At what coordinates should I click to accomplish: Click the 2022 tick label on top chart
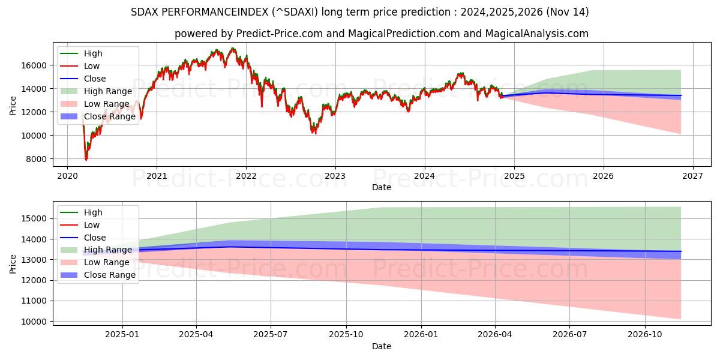point(246,176)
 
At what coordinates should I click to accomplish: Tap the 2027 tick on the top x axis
point(692,176)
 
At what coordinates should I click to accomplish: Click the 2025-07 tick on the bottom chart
point(271,335)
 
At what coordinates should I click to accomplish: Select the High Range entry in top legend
point(107,91)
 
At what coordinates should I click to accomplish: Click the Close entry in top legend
point(95,79)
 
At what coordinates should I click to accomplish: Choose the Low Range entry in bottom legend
point(106,262)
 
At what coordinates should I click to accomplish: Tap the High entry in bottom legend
point(93,212)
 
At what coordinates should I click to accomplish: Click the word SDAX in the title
point(144,12)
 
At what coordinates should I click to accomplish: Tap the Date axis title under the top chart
point(381,187)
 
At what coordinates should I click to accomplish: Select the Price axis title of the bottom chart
point(13,263)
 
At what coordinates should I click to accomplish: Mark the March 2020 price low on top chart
point(86,160)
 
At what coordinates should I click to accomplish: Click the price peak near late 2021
point(233,48)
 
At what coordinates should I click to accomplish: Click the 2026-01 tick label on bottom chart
point(421,335)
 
